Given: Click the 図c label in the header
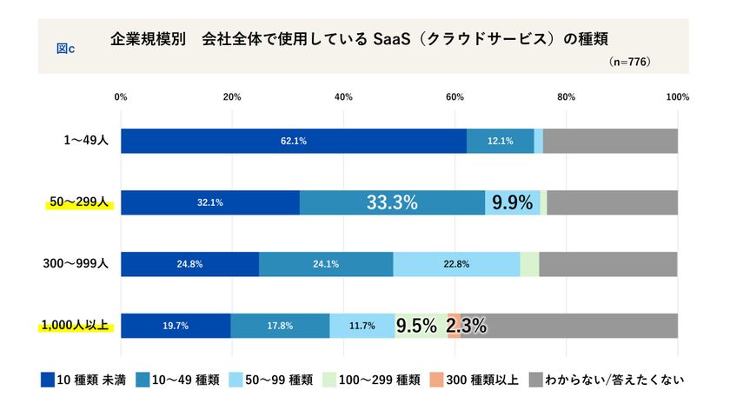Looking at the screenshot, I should (65, 48).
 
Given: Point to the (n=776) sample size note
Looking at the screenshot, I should (630, 63).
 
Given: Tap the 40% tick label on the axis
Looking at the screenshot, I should (343, 96).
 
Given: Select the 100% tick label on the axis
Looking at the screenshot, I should (677, 96).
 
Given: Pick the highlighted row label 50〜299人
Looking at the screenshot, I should (78, 202).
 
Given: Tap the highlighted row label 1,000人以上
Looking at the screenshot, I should (74, 326).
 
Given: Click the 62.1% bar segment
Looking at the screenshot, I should (294, 141).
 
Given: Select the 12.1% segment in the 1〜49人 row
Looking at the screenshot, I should (500, 141).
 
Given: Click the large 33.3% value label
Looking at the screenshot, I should (392, 202).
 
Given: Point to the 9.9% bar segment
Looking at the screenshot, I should (512, 202).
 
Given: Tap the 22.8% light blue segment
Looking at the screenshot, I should (456, 264).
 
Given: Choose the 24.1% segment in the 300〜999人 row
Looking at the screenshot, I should (326, 264).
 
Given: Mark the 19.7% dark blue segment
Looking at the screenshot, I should (176, 326).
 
